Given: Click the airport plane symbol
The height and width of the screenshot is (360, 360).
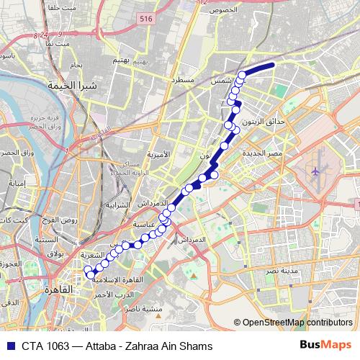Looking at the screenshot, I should [x=316, y=172].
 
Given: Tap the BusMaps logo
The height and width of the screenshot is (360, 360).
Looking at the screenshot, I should [x=325, y=345].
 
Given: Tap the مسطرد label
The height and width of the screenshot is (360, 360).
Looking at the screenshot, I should [x=182, y=79].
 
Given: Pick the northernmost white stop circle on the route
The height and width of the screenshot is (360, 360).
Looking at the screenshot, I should [x=243, y=75].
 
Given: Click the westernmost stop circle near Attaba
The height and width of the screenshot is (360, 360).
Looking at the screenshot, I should [x=89, y=271].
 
